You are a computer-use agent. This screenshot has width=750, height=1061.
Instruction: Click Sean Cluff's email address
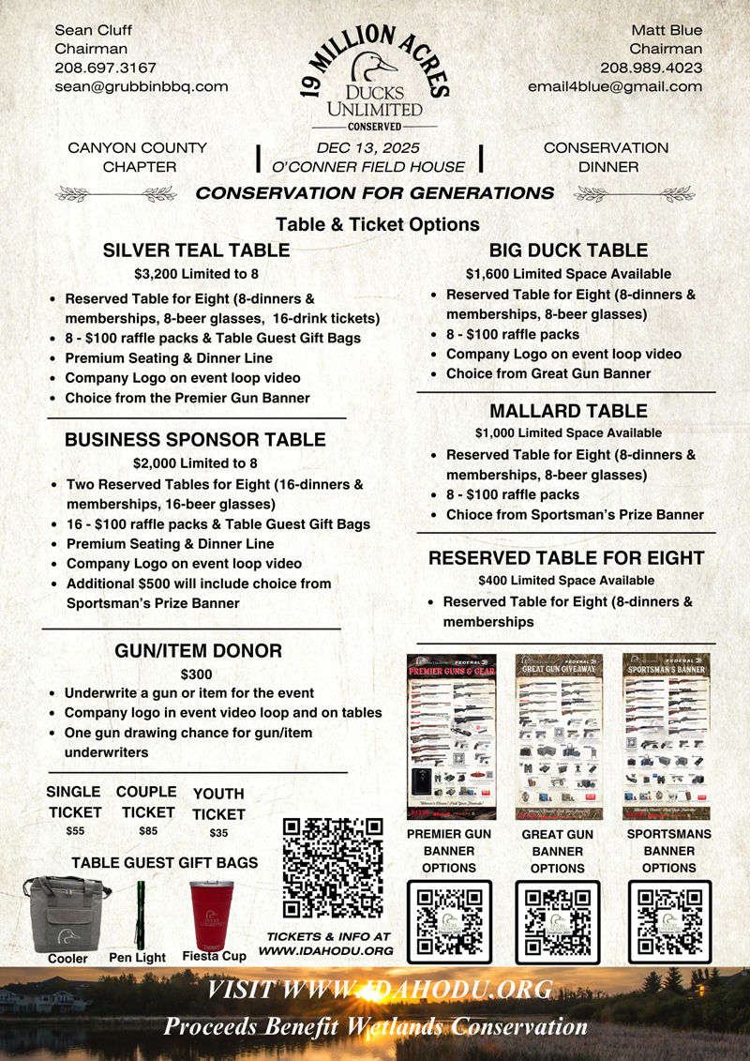tap(142, 86)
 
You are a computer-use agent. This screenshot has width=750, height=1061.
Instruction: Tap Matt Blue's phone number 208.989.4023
tap(652, 68)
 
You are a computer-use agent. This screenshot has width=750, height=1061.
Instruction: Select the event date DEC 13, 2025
tap(367, 148)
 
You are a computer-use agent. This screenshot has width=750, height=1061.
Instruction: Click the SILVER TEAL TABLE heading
tap(196, 250)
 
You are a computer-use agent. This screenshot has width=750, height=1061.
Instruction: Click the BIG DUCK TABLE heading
tap(568, 250)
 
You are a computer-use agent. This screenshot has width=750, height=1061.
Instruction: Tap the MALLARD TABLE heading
tap(568, 411)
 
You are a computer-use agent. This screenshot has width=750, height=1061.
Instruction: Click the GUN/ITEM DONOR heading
tap(198, 651)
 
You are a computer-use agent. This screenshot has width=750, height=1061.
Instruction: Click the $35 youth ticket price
tap(217, 833)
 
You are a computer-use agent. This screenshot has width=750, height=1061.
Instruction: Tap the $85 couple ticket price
tap(147, 830)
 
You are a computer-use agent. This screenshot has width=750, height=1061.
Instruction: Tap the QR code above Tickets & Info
tap(333, 868)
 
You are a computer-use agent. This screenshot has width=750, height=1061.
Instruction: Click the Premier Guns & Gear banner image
tap(452, 736)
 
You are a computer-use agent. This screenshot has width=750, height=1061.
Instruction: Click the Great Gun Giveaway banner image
tap(560, 736)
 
